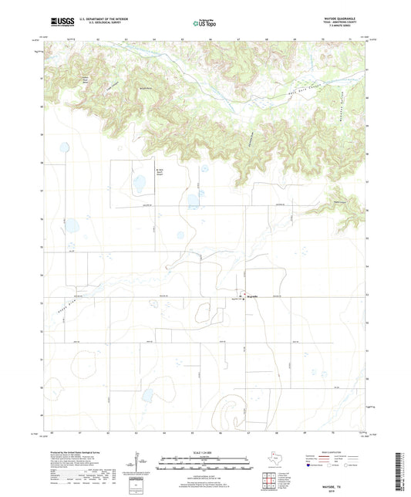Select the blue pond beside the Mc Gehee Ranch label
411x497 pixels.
[x=140, y=185]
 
